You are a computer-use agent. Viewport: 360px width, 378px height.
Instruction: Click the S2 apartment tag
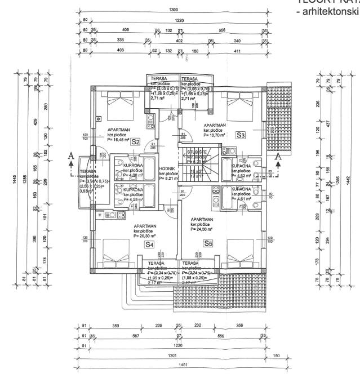(135, 141)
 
